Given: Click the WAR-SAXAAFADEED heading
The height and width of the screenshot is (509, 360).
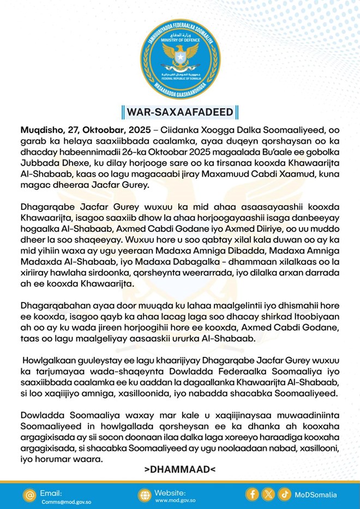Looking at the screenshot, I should click(x=180, y=112).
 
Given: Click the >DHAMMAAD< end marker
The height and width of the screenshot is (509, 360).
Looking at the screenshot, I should click(x=179, y=469).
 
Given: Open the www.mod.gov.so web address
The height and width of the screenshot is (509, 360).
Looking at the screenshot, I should click(x=176, y=500).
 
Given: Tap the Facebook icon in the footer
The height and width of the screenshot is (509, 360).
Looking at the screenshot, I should click(x=252, y=494).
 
